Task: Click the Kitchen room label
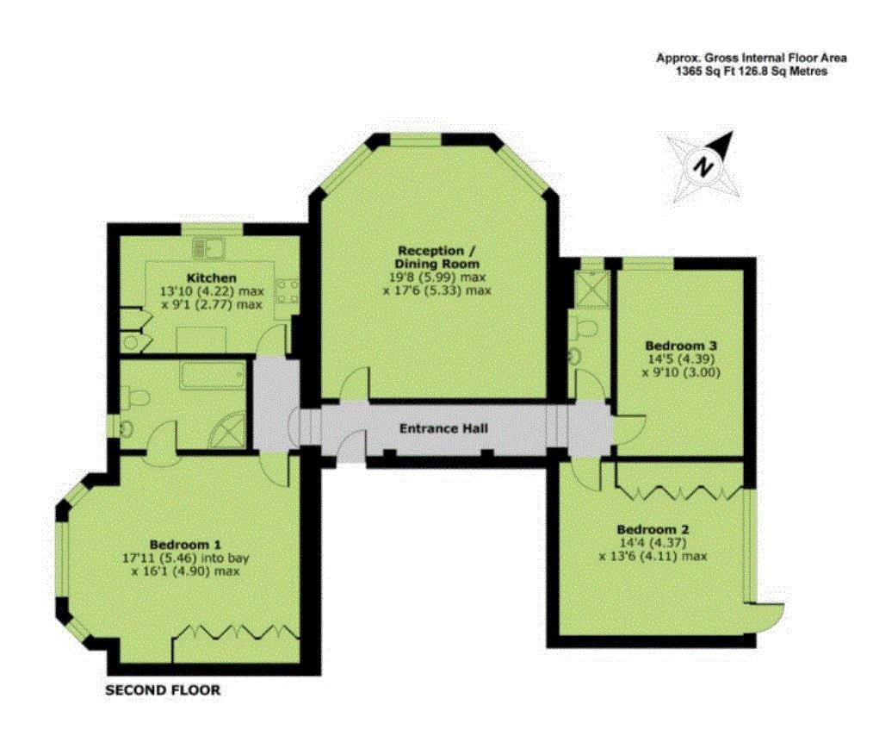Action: coord(211,278)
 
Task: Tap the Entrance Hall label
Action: coord(443,428)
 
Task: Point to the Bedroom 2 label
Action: coord(653,529)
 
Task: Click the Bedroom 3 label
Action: coord(681,345)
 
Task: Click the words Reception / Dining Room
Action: coord(437,257)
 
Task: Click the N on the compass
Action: coord(704,165)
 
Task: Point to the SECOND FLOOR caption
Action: coord(163,690)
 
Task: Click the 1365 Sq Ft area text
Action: coord(703,72)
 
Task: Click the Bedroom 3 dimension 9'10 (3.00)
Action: coord(681,371)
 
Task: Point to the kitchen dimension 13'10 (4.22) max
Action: coord(212,291)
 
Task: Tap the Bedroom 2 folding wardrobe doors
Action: coord(680,492)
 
